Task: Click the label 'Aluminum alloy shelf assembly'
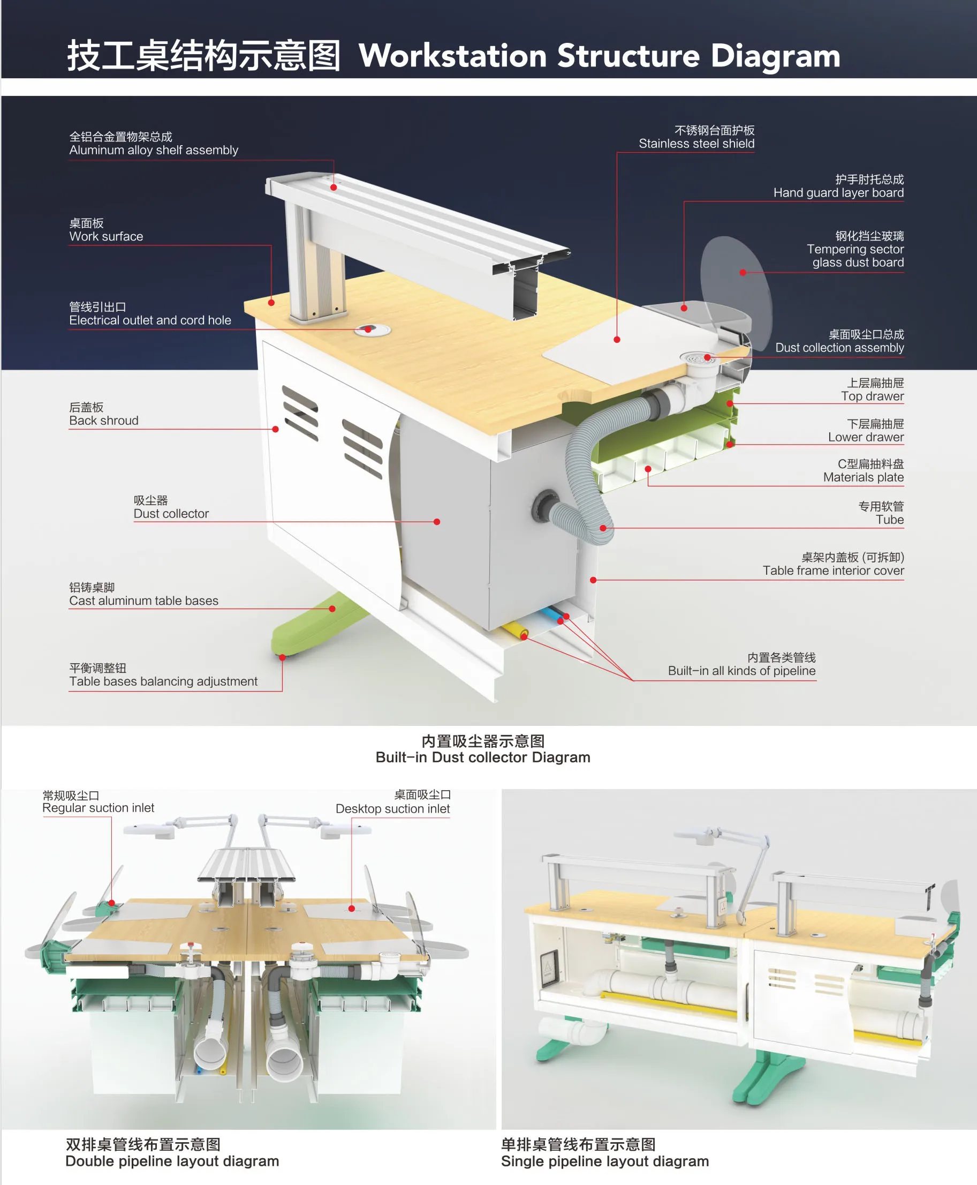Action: (153, 150)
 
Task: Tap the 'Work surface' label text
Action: (106, 237)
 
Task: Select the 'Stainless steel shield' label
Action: (696, 144)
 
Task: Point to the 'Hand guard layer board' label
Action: (838, 193)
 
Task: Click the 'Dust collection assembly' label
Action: (839, 348)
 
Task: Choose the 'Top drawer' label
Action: (872, 396)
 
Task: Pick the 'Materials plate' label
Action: (863, 477)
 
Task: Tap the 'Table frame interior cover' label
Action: (833, 571)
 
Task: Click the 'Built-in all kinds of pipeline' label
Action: (741, 671)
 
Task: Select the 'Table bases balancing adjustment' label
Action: (163, 681)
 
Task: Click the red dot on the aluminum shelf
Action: (334, 187)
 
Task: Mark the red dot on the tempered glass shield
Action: (743, 273)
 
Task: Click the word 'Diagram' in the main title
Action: (775, 56)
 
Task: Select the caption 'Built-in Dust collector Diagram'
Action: (483, 757)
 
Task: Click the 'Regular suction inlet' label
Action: (98, 808)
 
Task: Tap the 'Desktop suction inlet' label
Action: (392, 809)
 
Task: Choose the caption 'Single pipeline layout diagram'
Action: (604, 1161)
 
